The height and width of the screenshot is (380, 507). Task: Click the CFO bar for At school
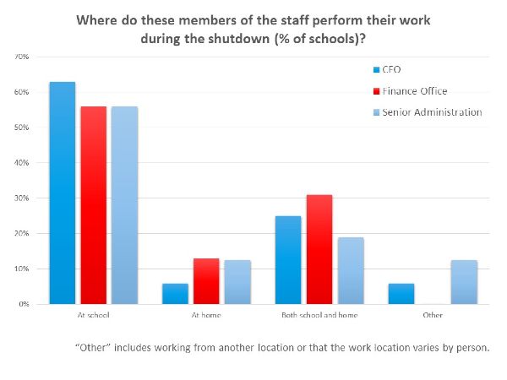click(63, 193)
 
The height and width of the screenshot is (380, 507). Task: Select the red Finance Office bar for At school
click(94, 205)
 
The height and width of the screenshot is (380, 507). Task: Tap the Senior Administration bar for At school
click(123, 205)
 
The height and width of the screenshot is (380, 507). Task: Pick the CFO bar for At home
click(175, 293)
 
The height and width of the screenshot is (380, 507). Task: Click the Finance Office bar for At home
click(205, 281)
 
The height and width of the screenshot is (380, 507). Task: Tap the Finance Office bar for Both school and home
click(319, 249)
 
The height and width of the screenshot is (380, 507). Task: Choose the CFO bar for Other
click(401, 293)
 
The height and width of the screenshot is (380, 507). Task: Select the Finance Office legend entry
click(414, 90)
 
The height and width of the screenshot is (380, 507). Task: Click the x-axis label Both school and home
click(319, 315)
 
